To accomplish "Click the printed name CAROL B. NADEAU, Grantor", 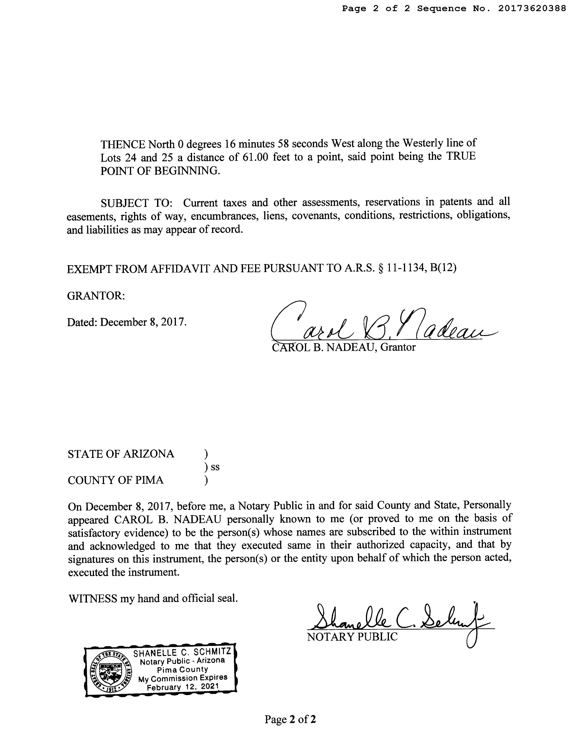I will (x=344, y=347).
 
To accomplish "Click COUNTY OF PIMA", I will (x=116, y=480).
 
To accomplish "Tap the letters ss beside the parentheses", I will (x=215, y=467).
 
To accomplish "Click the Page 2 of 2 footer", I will (x=290, y=719).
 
